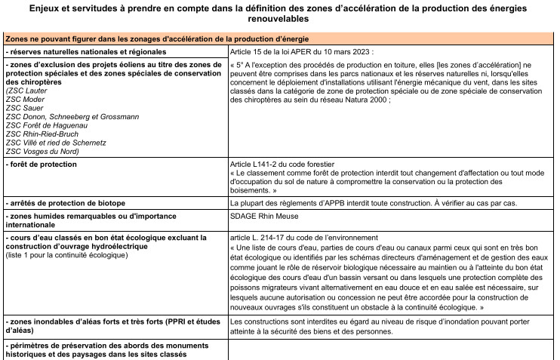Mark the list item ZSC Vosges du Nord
pos(40,151)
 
